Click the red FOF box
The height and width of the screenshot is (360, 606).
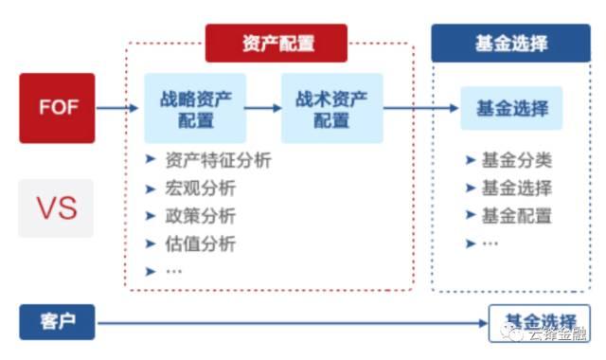(57, 107)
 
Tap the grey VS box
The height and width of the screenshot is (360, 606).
(57, 207)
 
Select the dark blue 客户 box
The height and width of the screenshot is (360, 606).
(57, 323)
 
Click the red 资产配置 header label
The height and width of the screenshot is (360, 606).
(277, 44)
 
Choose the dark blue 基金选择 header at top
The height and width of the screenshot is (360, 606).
(511, 44)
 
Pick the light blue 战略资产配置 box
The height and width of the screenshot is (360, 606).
(195, 108)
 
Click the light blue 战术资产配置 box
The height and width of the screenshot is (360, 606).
(331, 108)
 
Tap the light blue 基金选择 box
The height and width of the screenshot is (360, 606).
(511, 108)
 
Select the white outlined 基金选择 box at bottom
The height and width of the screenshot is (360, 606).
(539, 321)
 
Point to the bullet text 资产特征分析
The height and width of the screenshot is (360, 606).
(217, 160)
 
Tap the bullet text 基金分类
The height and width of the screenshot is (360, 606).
(517, 160)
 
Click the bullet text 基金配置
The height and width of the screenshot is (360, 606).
(517, 215)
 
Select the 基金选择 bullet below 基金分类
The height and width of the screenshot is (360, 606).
(517, 188)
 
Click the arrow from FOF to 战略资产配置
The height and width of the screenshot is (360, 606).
(118, 108)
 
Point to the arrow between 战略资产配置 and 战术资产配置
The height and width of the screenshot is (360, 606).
(263, 108)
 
